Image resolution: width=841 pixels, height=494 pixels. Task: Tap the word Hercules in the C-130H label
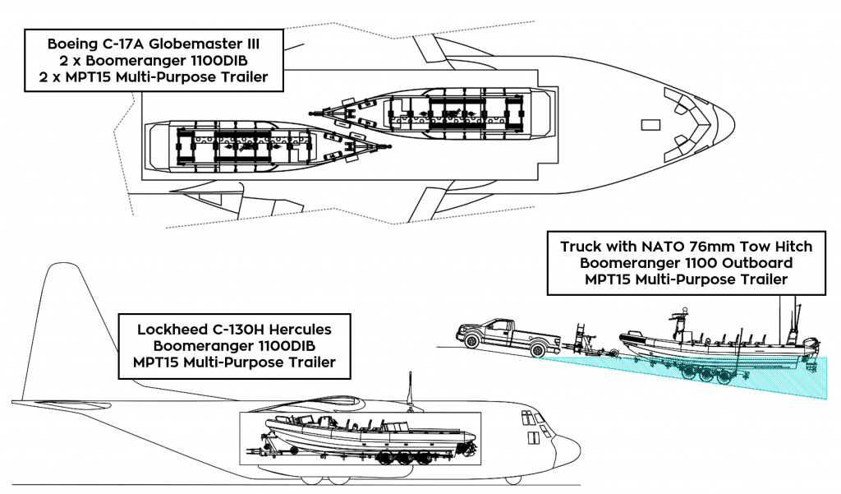[x=297, y=330]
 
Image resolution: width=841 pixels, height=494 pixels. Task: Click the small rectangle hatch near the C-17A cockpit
[x=650, y=125]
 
